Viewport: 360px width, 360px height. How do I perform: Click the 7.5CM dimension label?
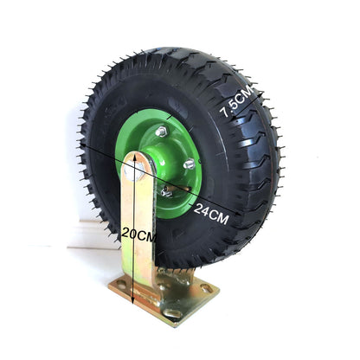coord(237,100)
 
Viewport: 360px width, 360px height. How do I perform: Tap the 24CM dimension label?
coord(211,213)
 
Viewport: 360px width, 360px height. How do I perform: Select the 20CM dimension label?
coord(138,233)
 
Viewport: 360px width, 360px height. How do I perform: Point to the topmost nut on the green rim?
coord(162,132)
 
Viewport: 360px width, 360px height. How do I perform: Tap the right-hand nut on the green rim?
coord(190,164)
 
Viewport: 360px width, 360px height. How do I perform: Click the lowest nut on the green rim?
coord(165,191)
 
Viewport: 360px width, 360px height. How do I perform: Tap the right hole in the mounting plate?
coord(205,289)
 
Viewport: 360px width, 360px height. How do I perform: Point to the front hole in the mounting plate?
coord(172,312)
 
